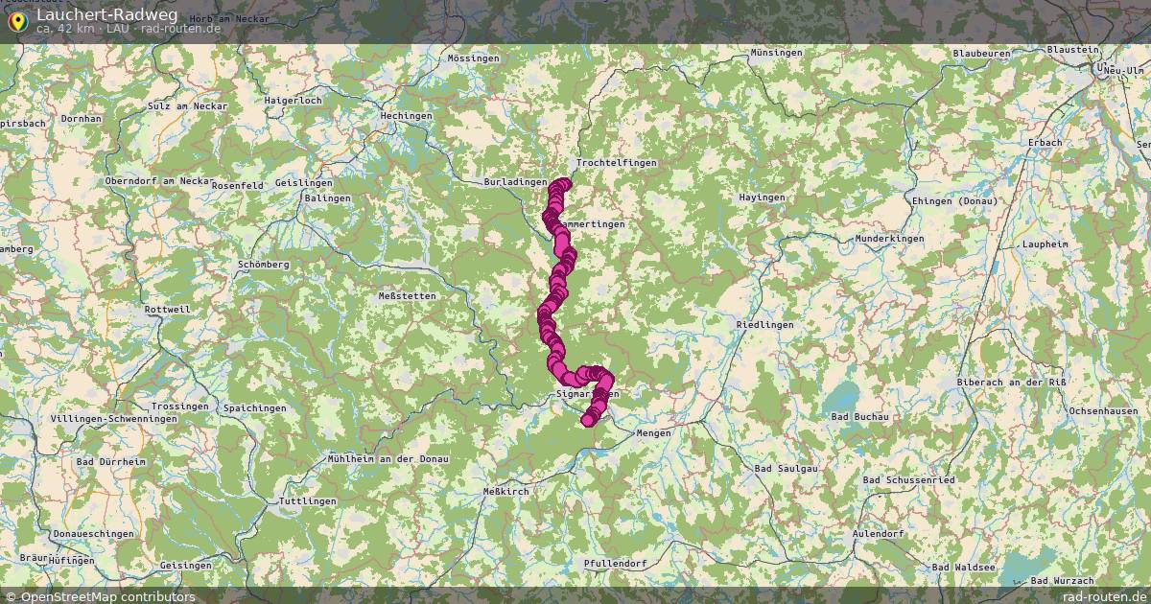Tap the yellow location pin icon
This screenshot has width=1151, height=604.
tap(17, 20)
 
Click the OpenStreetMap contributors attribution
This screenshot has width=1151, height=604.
tap(102, 596)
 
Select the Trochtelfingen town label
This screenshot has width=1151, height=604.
tap(617, 163)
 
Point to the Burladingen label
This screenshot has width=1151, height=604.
tap(516, 181)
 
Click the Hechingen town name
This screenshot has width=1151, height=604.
tap(407, 116)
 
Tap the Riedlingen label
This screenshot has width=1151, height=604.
tap(765, 325)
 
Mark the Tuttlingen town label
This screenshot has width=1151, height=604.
tap(307, 501)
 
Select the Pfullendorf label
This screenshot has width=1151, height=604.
tap(615, 563)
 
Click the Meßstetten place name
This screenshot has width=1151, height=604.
tap(408, 296)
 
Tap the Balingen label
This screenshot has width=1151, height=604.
tap(328, 198)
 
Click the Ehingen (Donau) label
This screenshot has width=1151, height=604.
tap(953, 200)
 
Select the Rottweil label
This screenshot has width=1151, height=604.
tap(168, 310)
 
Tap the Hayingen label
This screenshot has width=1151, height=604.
tap(762, 197)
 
